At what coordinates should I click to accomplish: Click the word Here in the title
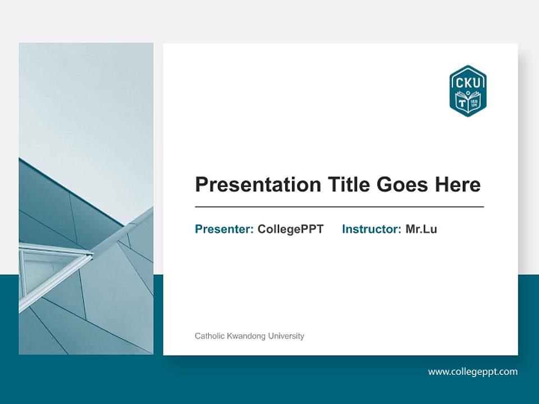[457, 185]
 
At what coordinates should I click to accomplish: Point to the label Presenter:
[224, 229]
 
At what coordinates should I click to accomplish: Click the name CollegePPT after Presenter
[290, 229]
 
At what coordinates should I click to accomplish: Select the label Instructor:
[371, 229]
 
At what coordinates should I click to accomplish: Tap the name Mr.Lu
[421, 229]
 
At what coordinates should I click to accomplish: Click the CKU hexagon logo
[468, 91]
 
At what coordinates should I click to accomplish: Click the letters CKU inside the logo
[468, 82]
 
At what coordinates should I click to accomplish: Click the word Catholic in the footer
[209, 336]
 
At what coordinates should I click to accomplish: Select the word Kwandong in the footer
[245, 336]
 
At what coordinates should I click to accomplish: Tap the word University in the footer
[286, 336]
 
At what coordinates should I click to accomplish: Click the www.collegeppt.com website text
[473, 371]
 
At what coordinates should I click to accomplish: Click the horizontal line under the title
[339, 207]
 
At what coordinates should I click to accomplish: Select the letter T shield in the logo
[462, 103]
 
